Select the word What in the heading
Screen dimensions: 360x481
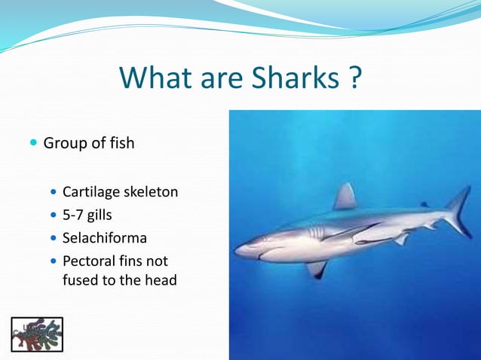(154, 78)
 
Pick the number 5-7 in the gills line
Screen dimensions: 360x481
(75, 215)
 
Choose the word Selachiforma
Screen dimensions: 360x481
(105, 239)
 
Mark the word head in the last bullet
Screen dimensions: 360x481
(159, 280)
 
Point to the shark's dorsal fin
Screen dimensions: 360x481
(345, 197)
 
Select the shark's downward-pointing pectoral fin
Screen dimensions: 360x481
(317, 267)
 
